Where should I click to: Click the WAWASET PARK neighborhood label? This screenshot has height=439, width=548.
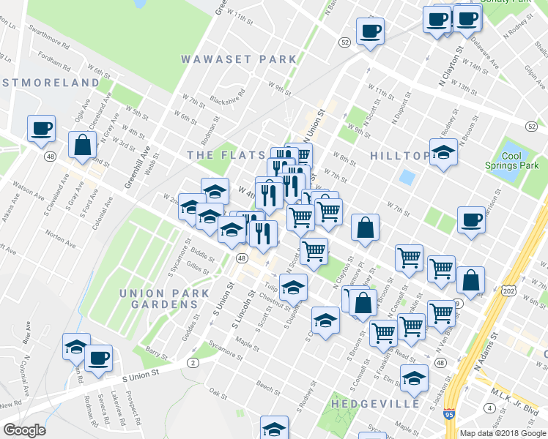(239, 59)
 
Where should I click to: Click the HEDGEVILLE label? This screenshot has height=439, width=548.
(376, 403)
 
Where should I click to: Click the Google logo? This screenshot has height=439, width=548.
(24, 430)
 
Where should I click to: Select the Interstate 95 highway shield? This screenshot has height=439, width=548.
(448, 414)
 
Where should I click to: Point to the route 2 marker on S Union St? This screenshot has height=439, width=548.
(193, 362)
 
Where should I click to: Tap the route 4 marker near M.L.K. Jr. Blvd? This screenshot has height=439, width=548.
(489, 407)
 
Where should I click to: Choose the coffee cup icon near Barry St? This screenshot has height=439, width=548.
(98, 359)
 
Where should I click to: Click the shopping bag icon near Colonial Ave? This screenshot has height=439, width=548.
(82, 146)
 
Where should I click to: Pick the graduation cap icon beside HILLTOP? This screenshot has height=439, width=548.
(443, 153)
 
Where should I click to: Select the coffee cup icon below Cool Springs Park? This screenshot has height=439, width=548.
(470, 219)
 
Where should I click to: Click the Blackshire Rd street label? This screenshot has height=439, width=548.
(226, 102)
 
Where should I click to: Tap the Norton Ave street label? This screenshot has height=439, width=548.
(60, 236)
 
